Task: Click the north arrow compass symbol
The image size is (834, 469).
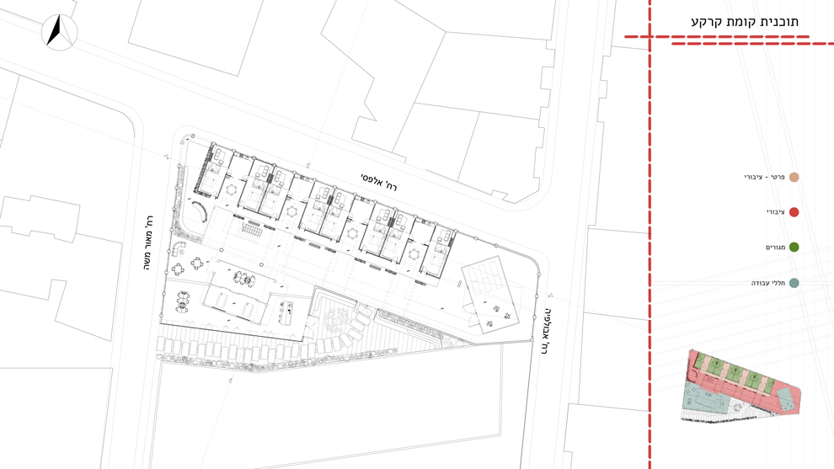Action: click(x=60, y=32)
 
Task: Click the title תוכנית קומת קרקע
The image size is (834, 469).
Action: click(x=744, y=23)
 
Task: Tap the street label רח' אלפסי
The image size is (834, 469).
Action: click(x=379, y=181)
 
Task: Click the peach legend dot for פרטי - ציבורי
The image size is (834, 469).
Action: click(x=794, y=177)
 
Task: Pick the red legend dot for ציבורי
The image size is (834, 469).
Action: click(x=794, y=212)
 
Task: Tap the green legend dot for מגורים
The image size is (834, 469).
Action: click(x=794, y=248)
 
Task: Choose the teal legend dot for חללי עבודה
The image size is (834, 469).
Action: click(x=794, y=283)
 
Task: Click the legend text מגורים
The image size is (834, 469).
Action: click(x=775, y=248)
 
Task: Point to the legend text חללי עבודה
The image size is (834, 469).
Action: click(x=768, y=283)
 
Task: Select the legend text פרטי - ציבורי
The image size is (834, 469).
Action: click(x=764, y=177)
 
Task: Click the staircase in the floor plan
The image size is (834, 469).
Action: click(x=251, y=228)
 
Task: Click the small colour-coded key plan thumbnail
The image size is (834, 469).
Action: click(x=741, y=386)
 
